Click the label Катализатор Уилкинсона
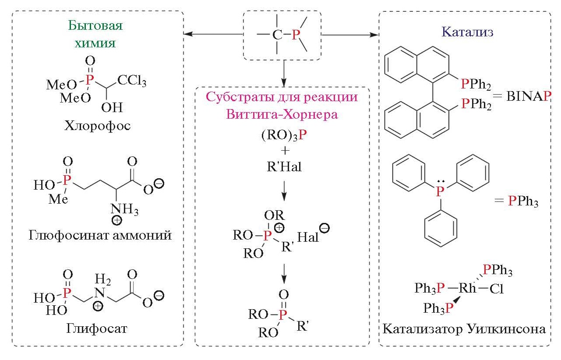tap(464, 329)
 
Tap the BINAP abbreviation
tap(527, 97)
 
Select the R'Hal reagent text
tap(284, 167)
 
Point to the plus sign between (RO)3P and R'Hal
tap(284, 151)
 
